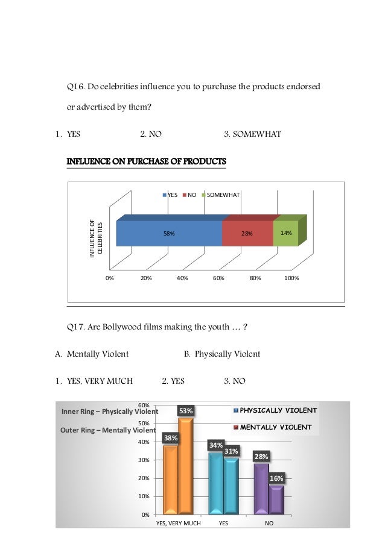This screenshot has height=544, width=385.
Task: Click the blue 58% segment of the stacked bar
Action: coord(169,233)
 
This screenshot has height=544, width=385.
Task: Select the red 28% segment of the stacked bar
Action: coord(247,233)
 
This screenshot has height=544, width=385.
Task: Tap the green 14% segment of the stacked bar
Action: coord(285,233)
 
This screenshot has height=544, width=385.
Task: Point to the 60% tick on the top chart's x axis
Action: coord(218,278)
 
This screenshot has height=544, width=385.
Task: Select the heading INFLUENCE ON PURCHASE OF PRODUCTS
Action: coord(146,161)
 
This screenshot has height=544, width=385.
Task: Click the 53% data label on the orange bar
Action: coord(185,411)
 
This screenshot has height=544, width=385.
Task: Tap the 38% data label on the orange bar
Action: coord(171,438)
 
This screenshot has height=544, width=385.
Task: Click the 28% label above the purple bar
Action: coord(261,457)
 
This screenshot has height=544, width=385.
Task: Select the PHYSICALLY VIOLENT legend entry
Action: coord(278,410)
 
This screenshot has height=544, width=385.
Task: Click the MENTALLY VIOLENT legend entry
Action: coord(276,427)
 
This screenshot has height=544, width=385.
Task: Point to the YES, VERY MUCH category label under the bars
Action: coord(178,524)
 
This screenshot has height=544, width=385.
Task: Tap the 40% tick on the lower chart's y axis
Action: coord(144,442)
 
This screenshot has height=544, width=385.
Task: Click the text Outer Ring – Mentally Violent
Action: coord(108,430)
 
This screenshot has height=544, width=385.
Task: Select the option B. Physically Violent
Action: coord(221,354)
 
